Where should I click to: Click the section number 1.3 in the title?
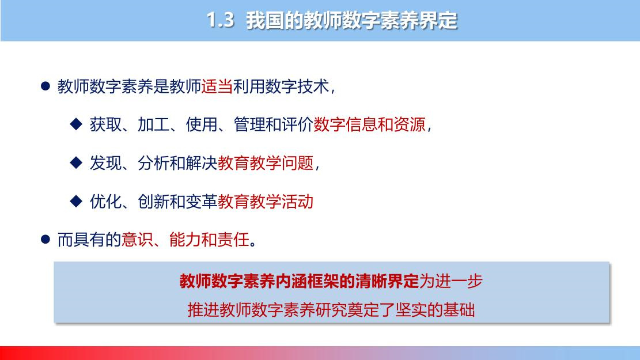221,20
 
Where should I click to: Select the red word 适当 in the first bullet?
217,86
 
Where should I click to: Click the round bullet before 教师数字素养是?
46,86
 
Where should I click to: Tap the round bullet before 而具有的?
46,239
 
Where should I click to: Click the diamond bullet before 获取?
76,124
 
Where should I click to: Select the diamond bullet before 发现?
76,162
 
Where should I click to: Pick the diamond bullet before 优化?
76,201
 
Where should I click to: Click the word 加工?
153,124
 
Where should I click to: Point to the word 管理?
249,124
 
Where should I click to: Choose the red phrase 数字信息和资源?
369,124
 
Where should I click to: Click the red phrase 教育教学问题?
266,163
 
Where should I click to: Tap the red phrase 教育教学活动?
266,201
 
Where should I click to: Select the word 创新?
153,201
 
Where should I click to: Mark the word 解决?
201,163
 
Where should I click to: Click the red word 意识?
137,240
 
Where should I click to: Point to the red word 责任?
233,240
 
